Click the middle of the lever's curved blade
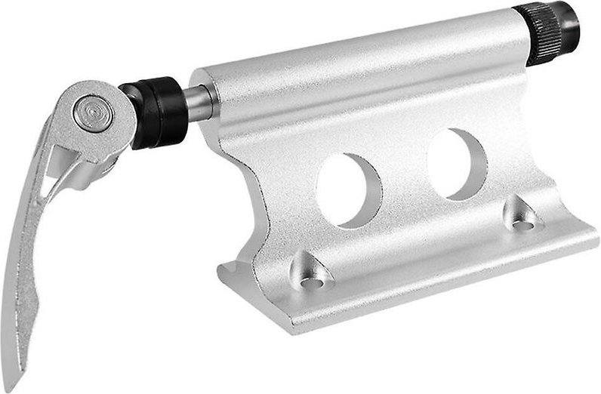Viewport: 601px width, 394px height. click(x=29, y=249)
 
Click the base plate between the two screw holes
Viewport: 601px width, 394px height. click(x=423, y=260)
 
